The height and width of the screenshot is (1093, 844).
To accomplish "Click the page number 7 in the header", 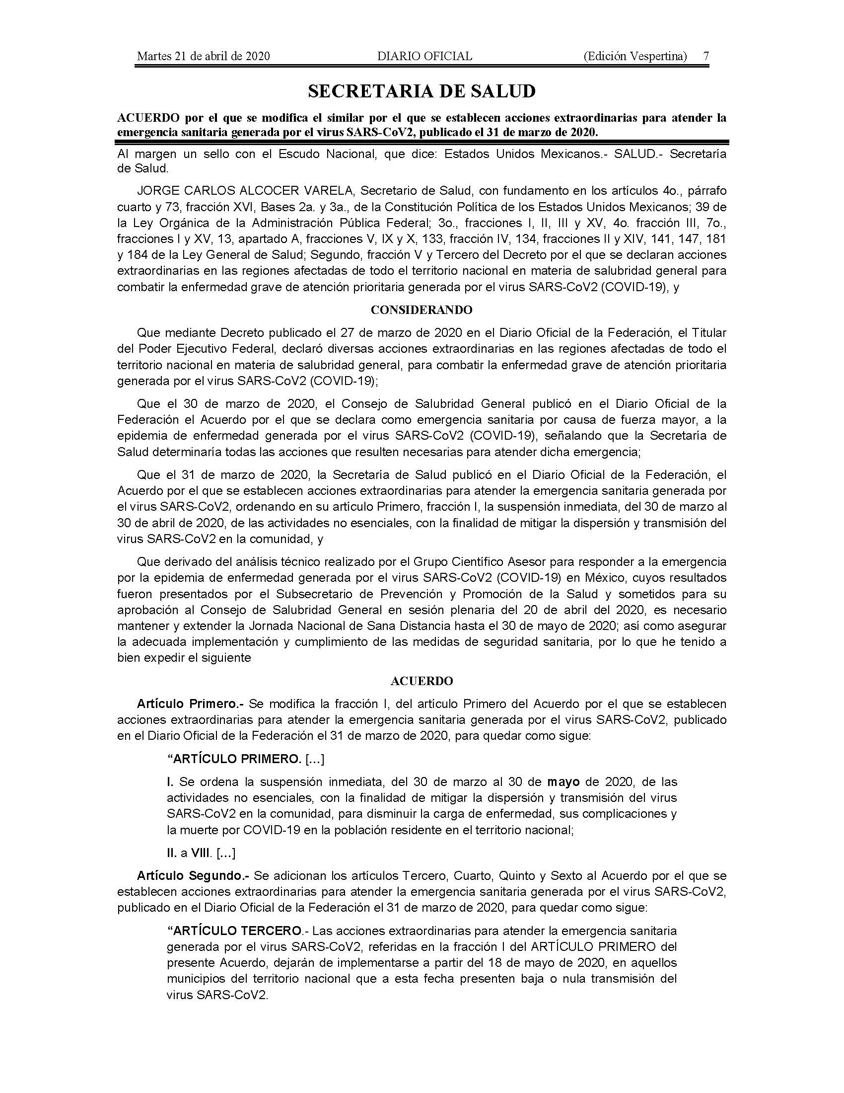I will [705, 56].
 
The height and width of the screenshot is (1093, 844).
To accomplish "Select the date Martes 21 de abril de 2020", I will [204, 56].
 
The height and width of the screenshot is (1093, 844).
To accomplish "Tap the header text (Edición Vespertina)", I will [635, 56].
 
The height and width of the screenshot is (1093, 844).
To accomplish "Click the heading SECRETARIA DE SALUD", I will [422, 91].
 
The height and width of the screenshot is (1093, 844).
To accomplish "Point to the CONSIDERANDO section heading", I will [422, 310].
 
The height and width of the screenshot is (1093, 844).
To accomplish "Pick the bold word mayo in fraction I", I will [563, 781].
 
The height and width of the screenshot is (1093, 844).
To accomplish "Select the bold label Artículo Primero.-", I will [190, 703].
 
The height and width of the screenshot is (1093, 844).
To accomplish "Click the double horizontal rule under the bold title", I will [422, 142].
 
